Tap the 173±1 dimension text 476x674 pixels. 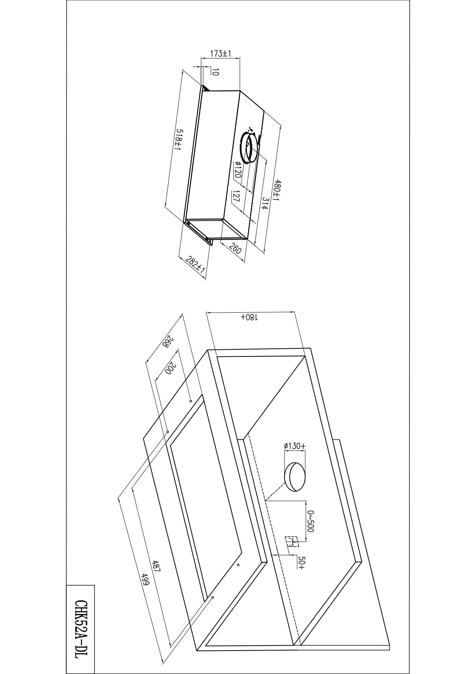click(x=220, y=53)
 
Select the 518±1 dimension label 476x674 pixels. click(x=178, y=140)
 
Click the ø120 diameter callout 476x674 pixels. click(x=237, y=170)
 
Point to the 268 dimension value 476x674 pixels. click(x=168, y=342)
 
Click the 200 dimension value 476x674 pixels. click(x=170, y=369)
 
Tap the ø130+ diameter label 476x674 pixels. click(x=295, y=446)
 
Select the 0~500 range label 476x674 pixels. click(x=311, y=521)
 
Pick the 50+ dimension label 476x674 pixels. click(x=301, y=562)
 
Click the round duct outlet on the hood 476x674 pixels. click(x=247, y=148)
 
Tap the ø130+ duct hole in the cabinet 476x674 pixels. click(x=295, y=477)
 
